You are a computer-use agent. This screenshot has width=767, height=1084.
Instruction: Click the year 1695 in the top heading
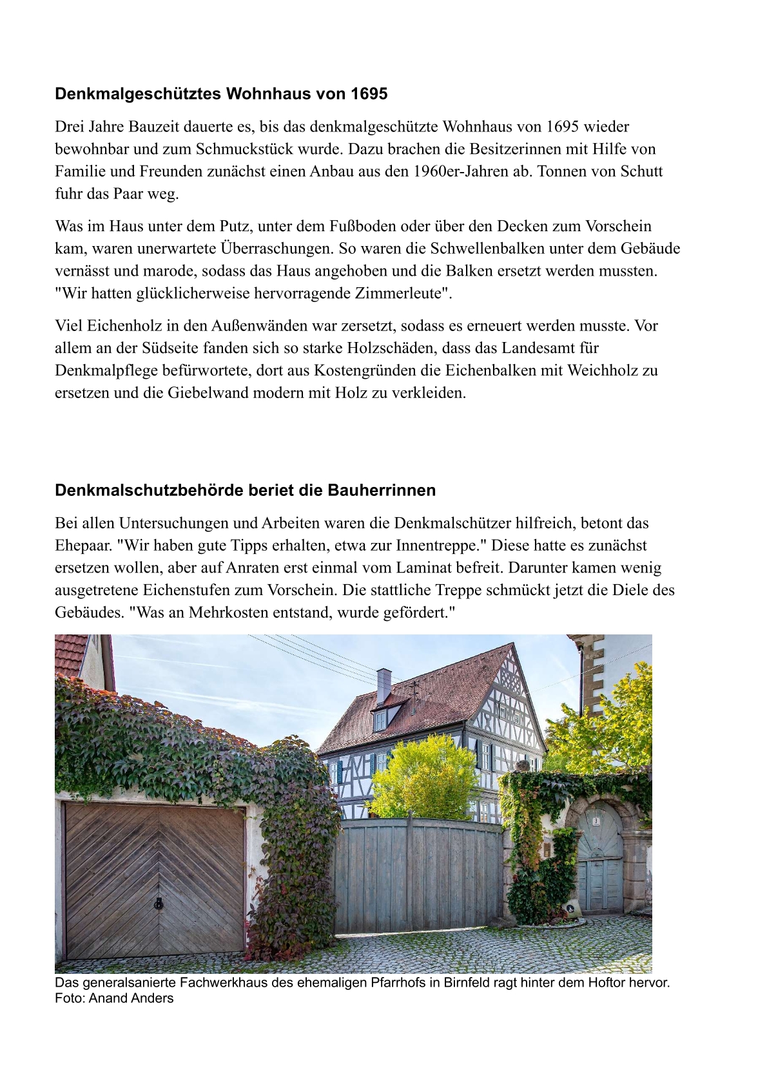369,94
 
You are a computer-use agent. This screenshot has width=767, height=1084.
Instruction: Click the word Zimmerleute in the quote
403,294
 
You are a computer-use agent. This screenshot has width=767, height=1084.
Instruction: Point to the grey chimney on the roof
383,685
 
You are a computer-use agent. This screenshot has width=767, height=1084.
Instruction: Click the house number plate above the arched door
596,821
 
